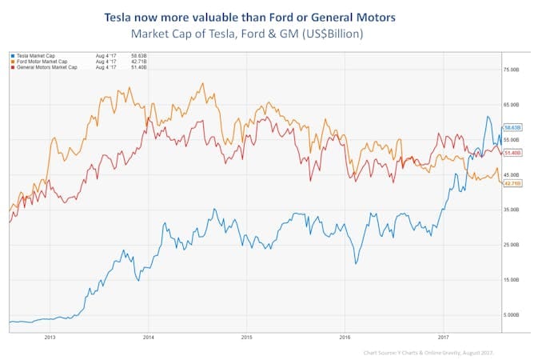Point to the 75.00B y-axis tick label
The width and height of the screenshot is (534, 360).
click(511, 70)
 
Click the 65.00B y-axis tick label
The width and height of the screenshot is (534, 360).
click(511, 105)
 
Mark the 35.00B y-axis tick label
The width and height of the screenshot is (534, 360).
click(511, 209)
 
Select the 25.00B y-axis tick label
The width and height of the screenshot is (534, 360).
click(511, 244)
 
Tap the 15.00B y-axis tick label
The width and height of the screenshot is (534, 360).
click(511, 279)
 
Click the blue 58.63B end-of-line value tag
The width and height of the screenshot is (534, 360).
click(512, 127)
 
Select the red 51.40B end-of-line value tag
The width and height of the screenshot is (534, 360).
click(512, 152)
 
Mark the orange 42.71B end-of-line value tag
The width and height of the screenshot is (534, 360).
click(512, 183)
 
